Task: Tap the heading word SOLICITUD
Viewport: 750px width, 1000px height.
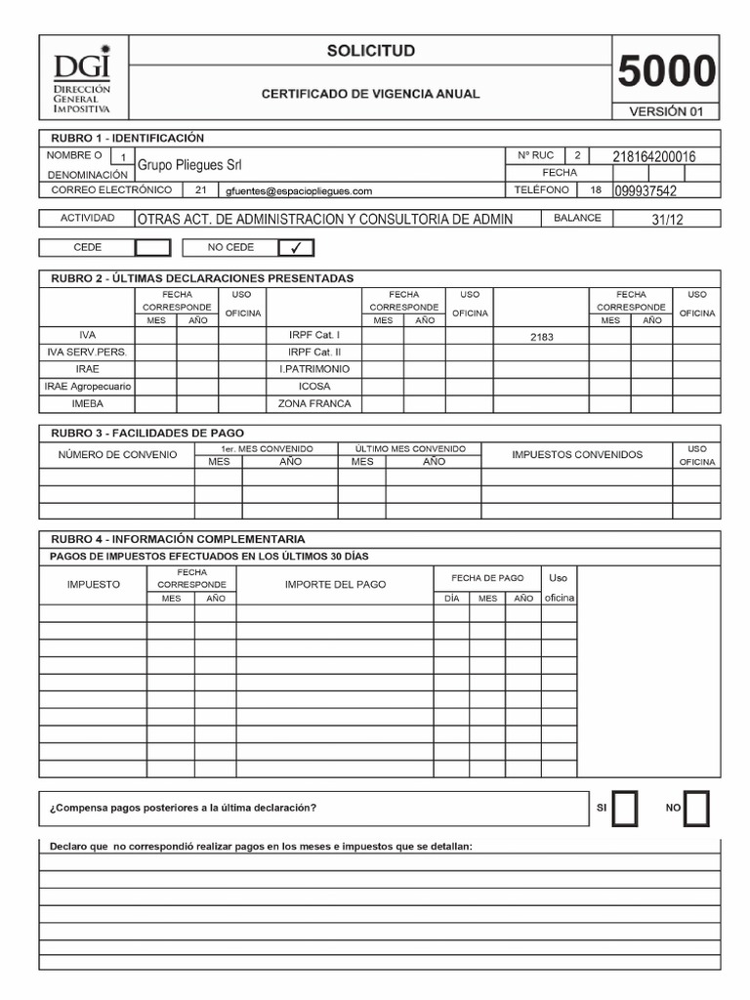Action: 370,51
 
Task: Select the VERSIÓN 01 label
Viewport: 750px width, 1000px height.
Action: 666,111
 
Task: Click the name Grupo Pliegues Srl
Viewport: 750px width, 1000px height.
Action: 189,165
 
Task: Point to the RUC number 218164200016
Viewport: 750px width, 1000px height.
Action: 653,156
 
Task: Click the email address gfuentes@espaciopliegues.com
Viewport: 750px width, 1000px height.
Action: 298,191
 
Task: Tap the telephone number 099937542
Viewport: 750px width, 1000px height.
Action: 646,191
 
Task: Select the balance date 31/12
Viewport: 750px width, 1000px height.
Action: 667,220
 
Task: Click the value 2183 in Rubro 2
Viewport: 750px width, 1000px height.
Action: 541,336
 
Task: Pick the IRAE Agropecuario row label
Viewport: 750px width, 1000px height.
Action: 88,387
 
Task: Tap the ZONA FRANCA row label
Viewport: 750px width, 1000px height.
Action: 314,403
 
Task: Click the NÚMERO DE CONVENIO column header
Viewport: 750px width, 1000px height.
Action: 117,454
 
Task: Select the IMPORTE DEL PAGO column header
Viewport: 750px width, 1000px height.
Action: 335,584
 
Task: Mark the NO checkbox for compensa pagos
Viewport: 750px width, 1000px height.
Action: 697,809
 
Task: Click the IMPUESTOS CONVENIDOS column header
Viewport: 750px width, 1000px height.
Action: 577,454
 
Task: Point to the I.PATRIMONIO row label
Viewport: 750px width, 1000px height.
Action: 314,369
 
